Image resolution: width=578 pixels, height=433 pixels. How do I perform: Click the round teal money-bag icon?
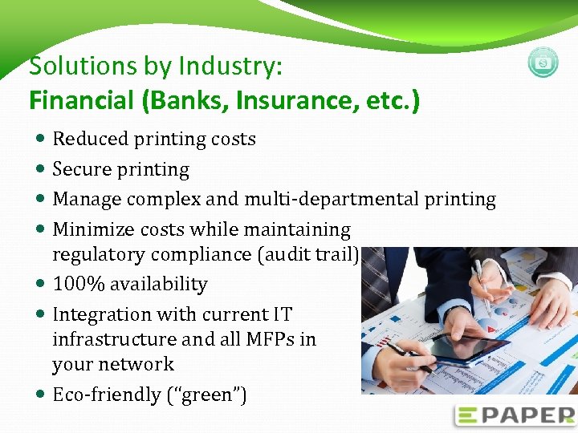click(x=543, y=63)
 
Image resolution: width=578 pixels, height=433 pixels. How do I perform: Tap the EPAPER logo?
click(x=515, y=415)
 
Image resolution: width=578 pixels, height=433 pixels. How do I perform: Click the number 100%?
click(x=78, y=284)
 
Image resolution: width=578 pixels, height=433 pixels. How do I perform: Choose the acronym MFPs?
click(x=266, y=339)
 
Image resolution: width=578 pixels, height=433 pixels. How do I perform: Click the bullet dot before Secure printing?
click(x=41, y=169)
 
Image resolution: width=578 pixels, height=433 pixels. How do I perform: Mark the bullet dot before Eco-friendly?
click(x=41, y=395)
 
